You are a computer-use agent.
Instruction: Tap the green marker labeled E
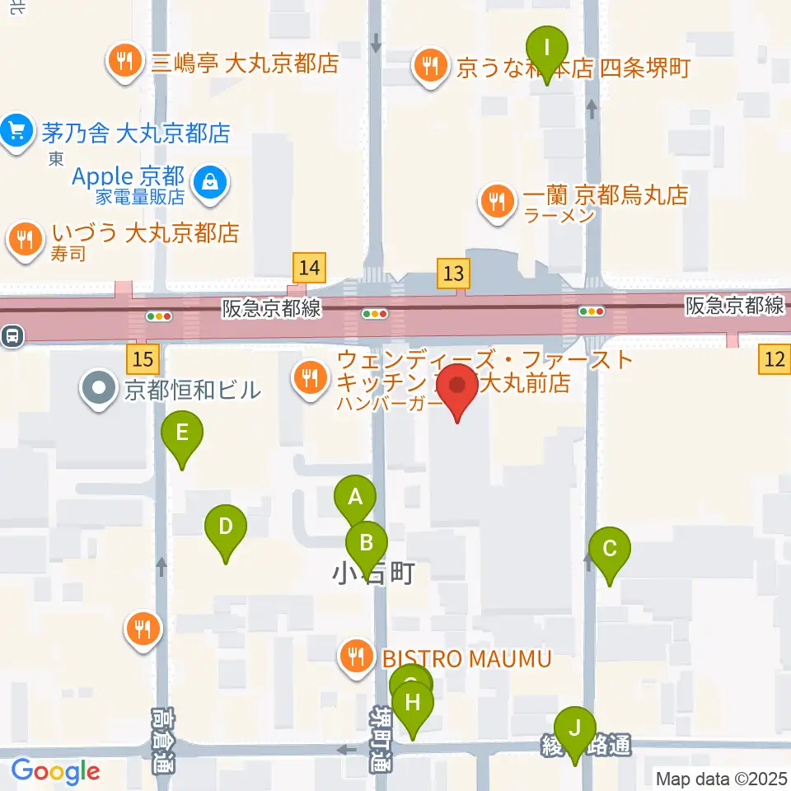(182, 432)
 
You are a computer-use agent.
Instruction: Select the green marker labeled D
(226, 526)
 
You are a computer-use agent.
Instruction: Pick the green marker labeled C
(610, 549)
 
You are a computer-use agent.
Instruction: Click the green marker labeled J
(574, 728)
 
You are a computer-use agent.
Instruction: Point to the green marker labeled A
(355, 498)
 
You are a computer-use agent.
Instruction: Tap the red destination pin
(456, 386)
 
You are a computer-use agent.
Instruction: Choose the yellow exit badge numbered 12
(775, 358)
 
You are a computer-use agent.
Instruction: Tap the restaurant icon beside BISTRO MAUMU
(355, 657)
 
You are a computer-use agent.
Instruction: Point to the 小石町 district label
(372, 573)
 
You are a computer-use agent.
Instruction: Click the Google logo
(55, 771)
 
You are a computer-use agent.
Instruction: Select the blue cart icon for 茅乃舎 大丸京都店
(16, 131)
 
